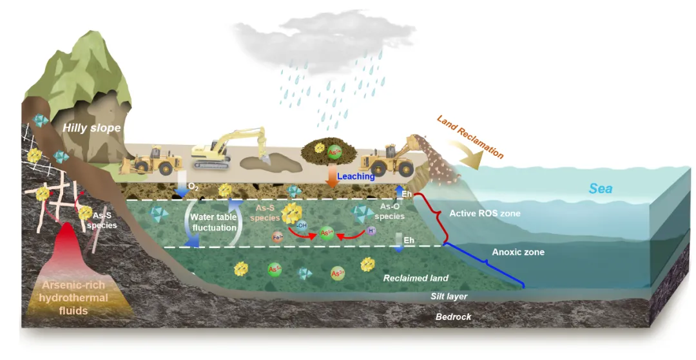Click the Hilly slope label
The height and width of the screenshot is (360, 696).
92,128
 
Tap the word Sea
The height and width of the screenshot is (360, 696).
601,189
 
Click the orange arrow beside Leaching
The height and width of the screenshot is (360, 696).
333,176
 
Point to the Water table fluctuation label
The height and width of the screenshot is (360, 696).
213,222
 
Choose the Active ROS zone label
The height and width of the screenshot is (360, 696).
484,213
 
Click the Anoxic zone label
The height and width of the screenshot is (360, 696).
518,252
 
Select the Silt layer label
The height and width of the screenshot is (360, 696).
449,296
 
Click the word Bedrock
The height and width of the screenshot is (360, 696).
453,316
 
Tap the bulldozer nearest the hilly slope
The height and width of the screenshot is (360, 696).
155,160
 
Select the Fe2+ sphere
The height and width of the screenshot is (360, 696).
278,236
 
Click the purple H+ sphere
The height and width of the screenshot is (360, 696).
372,230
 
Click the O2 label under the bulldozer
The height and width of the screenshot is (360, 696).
193,187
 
